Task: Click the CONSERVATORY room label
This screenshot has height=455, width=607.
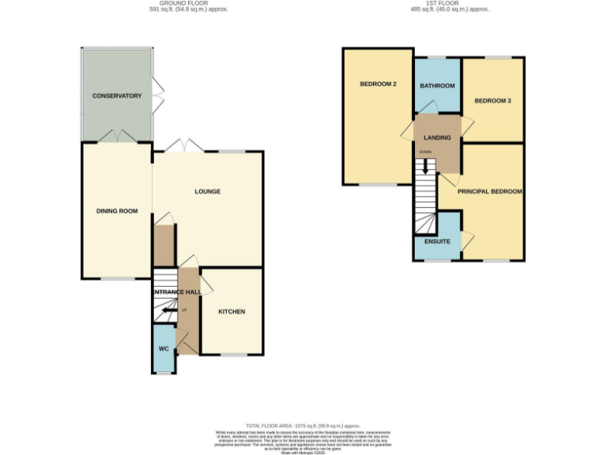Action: pos(116,96)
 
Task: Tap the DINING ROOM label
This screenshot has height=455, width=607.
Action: pos(117,211)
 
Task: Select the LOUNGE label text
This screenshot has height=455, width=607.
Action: pos(207,191)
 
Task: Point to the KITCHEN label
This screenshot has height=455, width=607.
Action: pos(232,311)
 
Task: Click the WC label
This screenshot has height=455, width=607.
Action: pos(164,348)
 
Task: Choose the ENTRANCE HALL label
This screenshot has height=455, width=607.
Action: pos(176,292)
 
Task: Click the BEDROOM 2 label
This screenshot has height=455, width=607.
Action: pos(378,85)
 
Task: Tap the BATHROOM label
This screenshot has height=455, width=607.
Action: pos(437,85)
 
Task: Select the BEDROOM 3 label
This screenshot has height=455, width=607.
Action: pos(492,100)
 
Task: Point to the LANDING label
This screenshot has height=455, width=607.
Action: pos(437,137)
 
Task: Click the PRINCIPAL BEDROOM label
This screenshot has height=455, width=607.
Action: pos(489,191)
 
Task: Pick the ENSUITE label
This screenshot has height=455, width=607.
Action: pos(437,241)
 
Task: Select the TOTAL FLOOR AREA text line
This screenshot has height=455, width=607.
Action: pos(303,424)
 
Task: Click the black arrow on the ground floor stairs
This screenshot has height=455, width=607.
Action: pos(167,310)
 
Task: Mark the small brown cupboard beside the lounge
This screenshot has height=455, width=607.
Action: pos(164,246)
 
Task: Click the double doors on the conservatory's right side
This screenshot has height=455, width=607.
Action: pos(158,96)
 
